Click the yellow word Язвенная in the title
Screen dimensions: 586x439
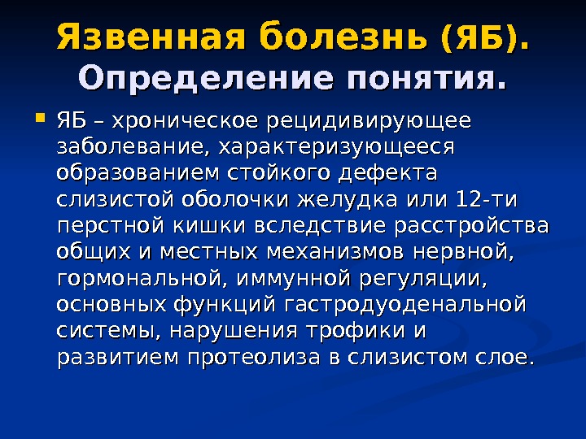point(151,37)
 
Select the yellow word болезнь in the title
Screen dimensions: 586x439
point(343,37)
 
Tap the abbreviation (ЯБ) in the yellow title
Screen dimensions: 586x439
point(485,38)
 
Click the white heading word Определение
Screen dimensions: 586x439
point(206,79)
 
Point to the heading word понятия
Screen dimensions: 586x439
point(426,80)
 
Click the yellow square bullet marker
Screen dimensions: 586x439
point(40,118)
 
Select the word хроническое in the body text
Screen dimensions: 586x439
point(185,122)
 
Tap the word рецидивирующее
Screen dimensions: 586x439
point(369,122)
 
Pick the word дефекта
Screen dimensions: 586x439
point(387,173)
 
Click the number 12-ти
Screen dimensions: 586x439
point(487,200)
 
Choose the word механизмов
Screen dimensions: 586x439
point(335,252)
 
